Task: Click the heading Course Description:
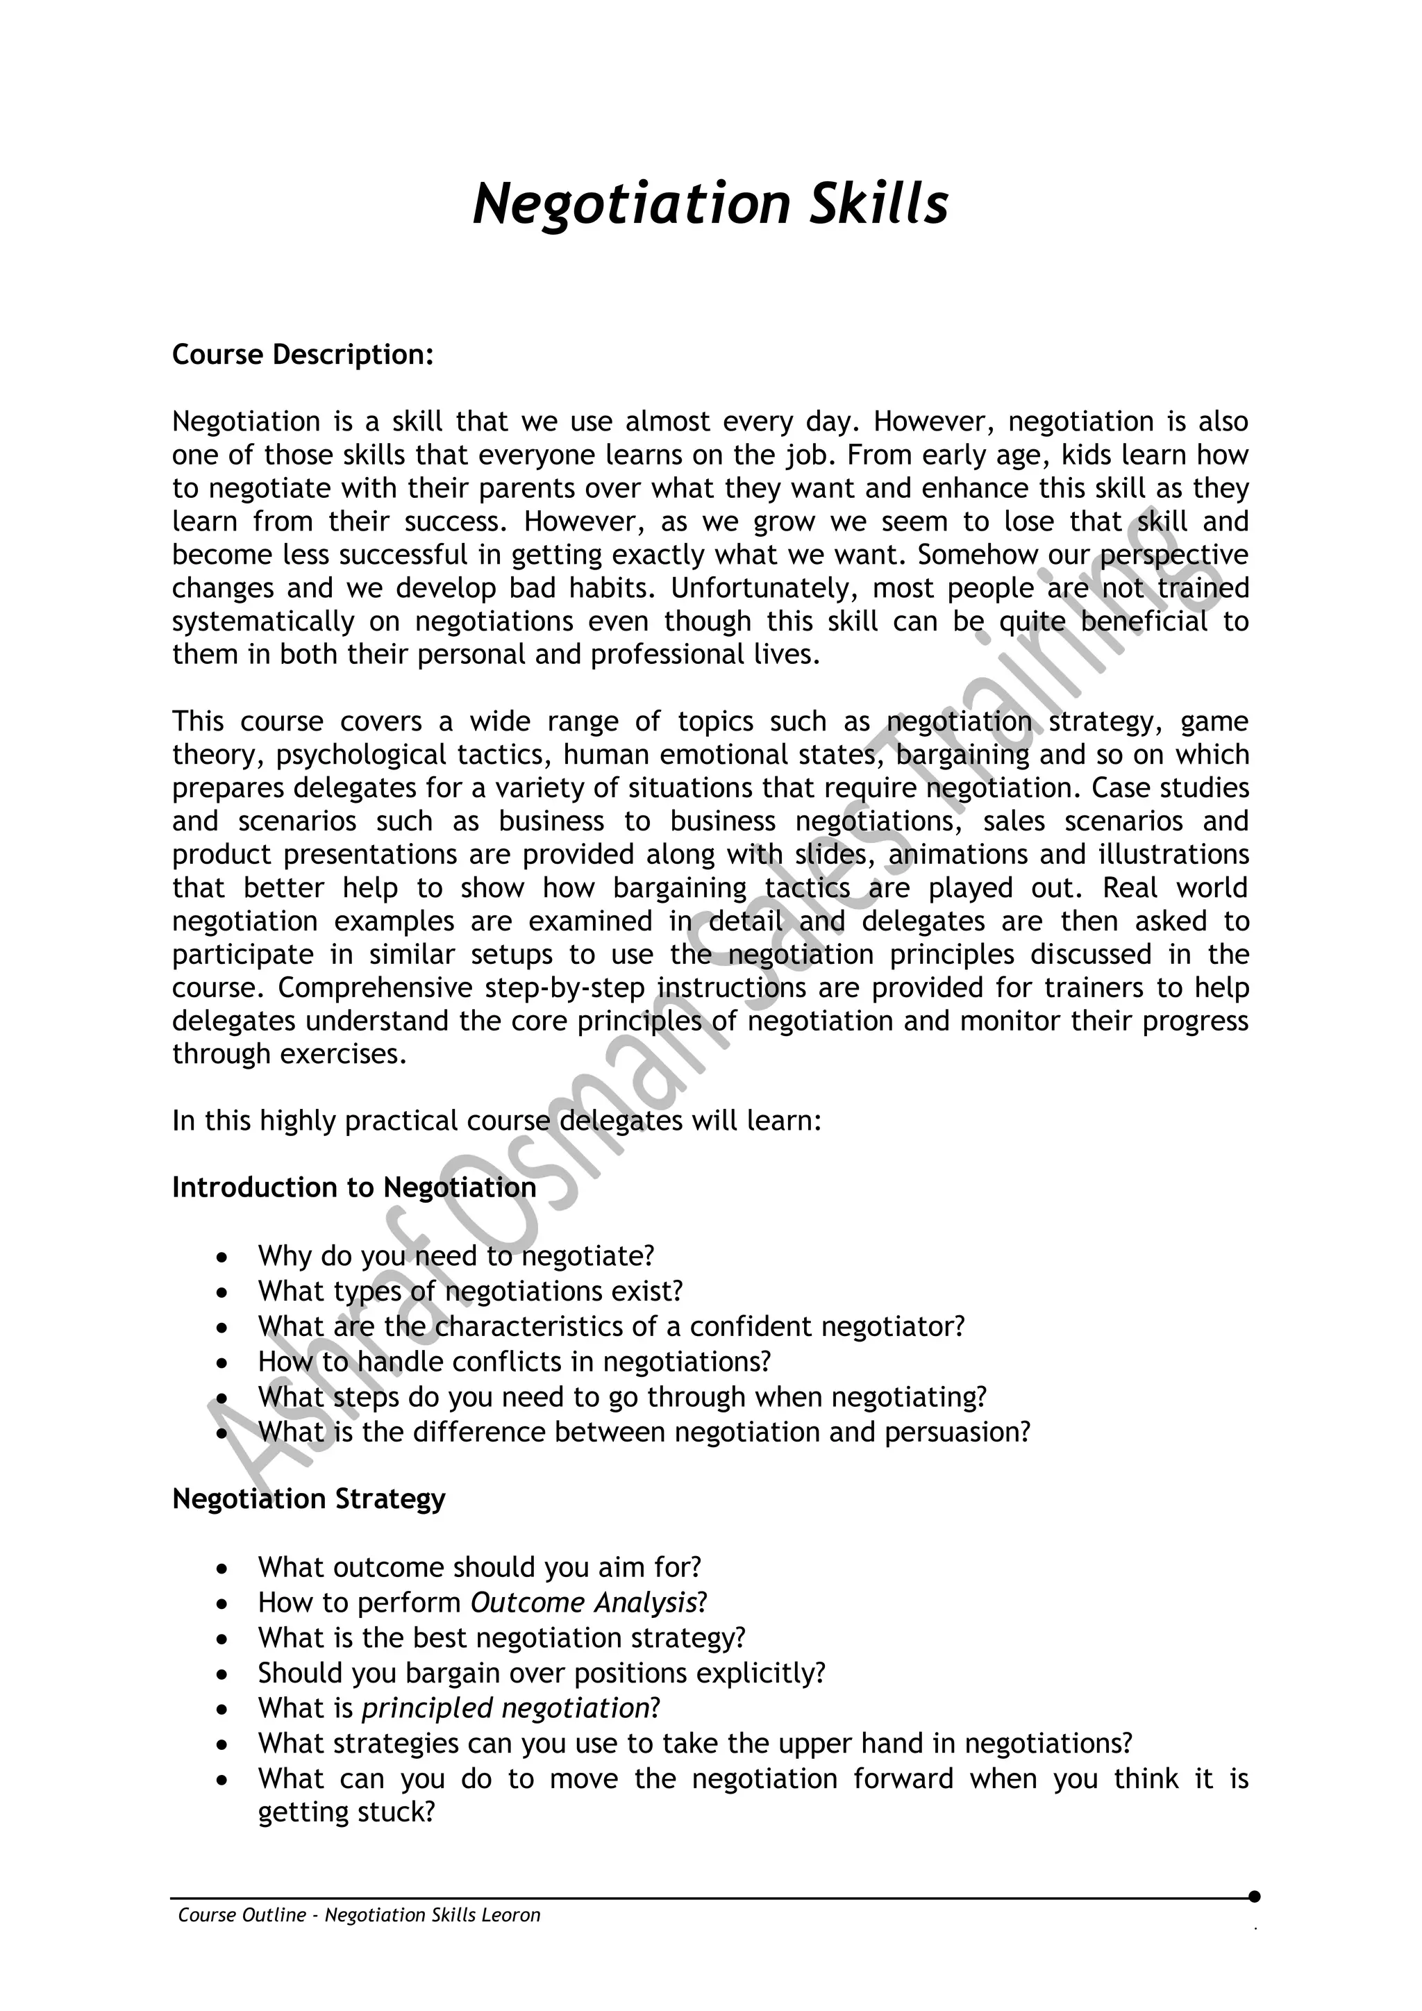coord(303,355)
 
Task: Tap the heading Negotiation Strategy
coord(308,1499)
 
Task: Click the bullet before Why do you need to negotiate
coord(224,1258)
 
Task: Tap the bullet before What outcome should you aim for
coord(224,1569)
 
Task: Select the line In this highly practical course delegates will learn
coord(496,1121)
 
